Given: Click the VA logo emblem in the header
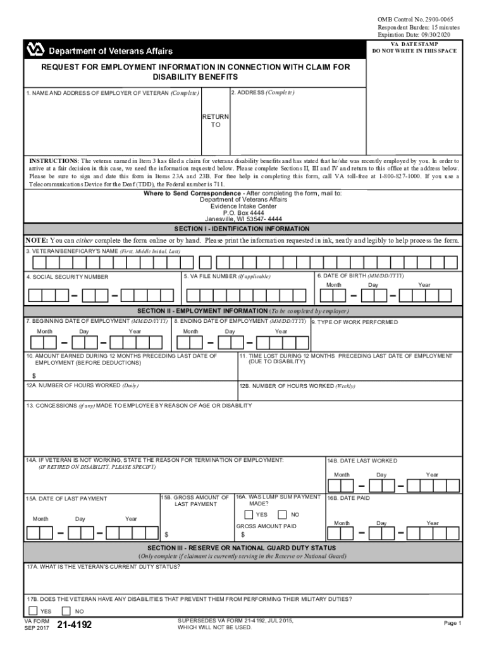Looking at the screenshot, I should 35,50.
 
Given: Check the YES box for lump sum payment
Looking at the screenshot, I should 249,514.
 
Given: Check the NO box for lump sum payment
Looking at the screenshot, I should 282,514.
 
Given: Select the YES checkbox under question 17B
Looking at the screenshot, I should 33,611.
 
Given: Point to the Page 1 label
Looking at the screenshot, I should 453,623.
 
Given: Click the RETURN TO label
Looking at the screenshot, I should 215,121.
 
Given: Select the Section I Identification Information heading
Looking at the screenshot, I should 242,229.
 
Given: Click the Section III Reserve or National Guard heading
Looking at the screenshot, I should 242,547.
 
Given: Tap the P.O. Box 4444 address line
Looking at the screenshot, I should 243,213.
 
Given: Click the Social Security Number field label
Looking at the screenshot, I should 68,277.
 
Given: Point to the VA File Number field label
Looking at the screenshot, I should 226,276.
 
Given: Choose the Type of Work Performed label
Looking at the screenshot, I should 357,322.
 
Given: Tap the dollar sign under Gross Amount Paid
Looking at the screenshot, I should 242,535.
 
